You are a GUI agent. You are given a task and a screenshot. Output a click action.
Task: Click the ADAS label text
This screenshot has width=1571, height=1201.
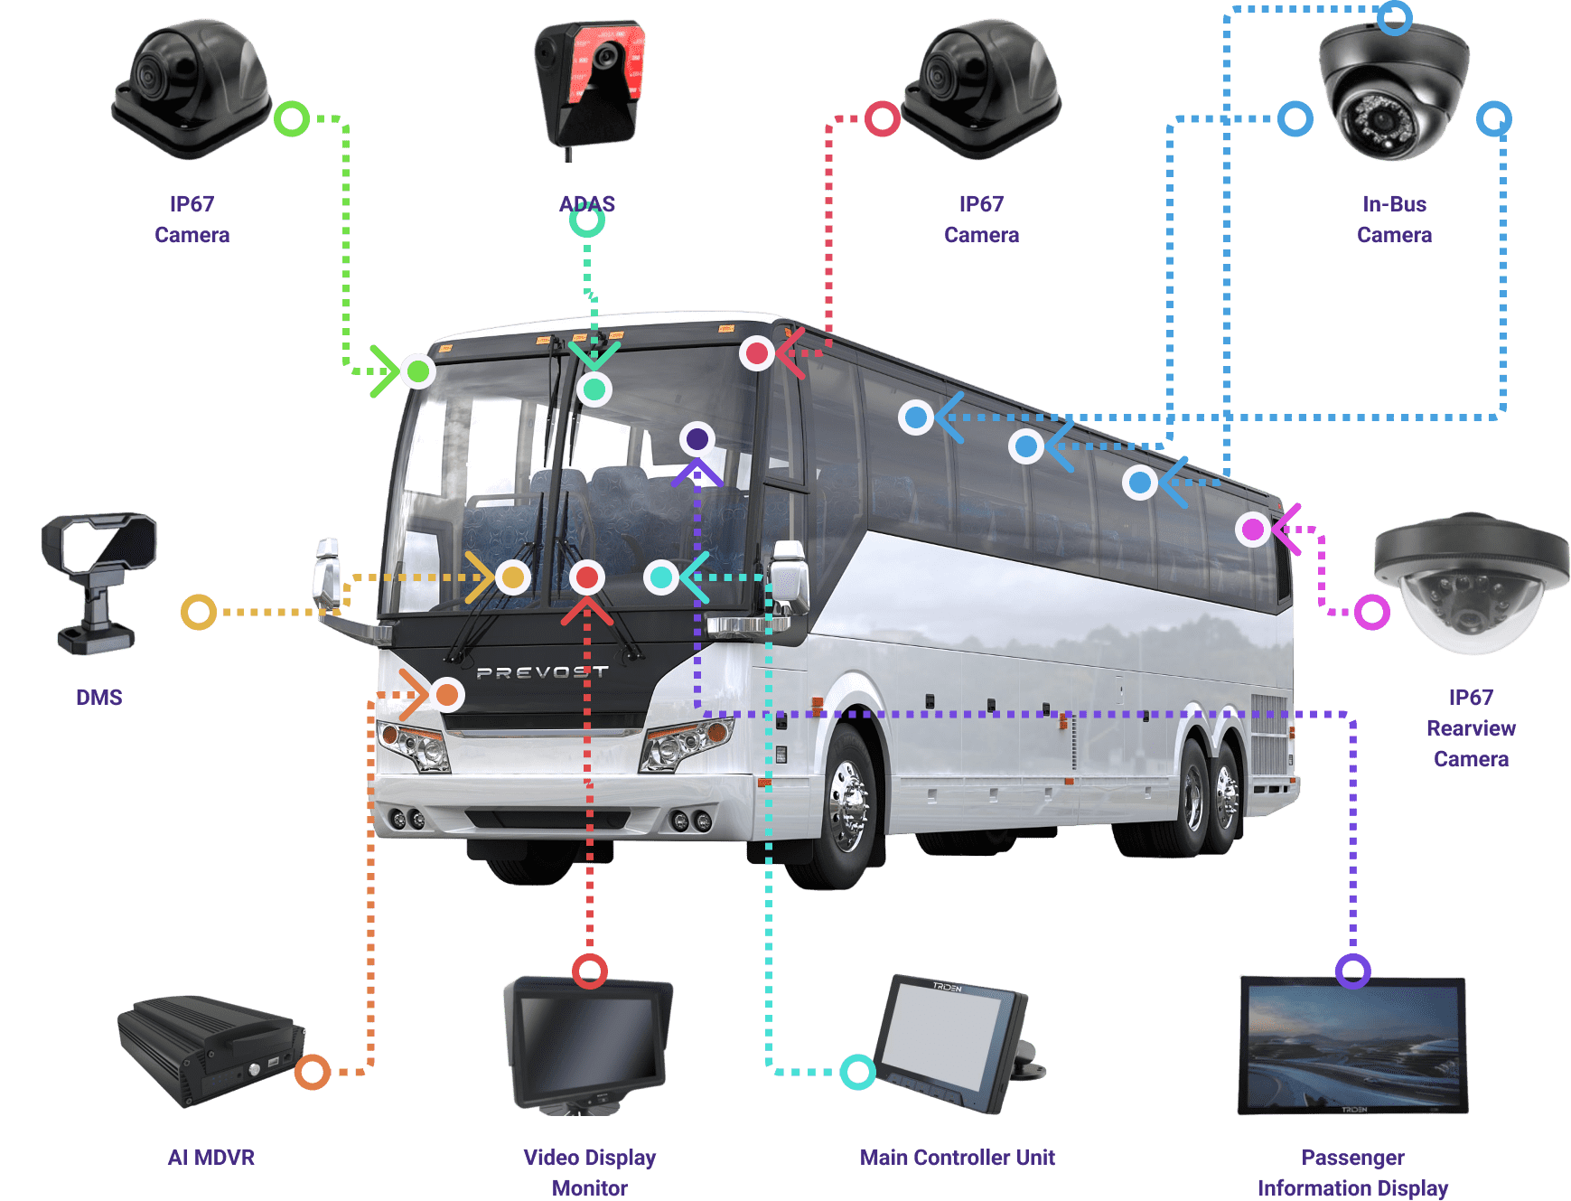[587, 204]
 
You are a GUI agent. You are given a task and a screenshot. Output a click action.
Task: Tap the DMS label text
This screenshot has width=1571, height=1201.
[99, 698]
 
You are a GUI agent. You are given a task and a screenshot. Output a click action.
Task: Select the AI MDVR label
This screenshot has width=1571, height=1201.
[211, 1158]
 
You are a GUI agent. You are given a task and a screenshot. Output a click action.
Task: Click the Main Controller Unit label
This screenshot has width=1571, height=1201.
[958, 1158]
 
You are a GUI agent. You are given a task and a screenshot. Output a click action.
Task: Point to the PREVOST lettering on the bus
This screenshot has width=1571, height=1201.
[542, 672]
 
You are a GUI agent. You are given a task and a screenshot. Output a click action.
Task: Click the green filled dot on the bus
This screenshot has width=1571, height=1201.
[418, 371]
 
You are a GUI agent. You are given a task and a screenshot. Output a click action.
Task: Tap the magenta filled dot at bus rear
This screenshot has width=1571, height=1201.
[1253, 529]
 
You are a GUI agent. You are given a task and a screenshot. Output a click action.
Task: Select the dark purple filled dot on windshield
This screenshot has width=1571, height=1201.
[697, 439]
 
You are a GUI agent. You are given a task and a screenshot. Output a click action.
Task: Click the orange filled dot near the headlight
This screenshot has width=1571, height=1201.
[447, 695]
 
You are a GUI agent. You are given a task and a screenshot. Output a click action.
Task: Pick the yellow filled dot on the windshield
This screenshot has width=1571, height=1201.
[513, 577]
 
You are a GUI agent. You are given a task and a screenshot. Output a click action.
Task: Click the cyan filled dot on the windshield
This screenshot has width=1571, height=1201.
[661, 577]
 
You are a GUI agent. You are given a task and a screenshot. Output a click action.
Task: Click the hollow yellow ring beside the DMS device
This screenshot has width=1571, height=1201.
[199, 612]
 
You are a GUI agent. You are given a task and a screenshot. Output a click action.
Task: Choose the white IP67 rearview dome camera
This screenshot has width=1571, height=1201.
[1470, 583]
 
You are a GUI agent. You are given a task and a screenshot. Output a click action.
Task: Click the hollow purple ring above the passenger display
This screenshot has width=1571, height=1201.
[1352, 971]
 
